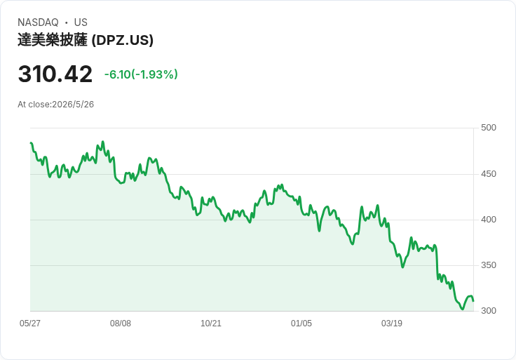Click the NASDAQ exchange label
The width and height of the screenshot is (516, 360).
point(38,22)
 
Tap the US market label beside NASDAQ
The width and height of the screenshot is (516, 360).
point(81,22)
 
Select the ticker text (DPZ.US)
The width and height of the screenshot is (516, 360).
point(123,40)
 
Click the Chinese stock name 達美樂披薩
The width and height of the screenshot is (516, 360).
point(53,40)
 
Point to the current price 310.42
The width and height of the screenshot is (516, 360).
point(55,74)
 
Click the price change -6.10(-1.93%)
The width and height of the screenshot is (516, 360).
point(141,74)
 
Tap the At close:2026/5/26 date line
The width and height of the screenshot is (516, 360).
point(56,105)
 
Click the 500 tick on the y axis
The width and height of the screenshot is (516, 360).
point(489,128)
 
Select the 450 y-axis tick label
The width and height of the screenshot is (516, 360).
point(489,173)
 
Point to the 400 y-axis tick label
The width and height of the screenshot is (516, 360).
point(489,220)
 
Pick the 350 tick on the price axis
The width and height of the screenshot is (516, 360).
point(489,265)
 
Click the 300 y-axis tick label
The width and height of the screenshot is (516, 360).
point(489,311)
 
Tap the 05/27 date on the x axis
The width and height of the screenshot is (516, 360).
point(30,323)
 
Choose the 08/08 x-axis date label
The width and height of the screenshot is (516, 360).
point(121,323)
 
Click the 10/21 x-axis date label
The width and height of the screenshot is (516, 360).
point(211,323)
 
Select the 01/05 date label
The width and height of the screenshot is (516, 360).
point(301,323)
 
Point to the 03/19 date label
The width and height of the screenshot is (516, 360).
point(392,323)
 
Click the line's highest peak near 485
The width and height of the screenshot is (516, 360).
point(103,142)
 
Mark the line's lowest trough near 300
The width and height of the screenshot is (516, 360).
point(462,309)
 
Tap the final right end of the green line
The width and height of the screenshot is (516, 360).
point(473,301)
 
